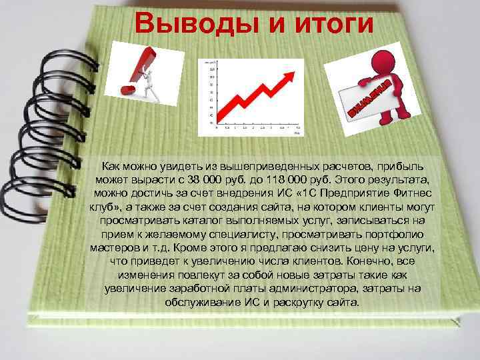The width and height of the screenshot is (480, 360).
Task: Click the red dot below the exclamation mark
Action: (124, 88)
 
